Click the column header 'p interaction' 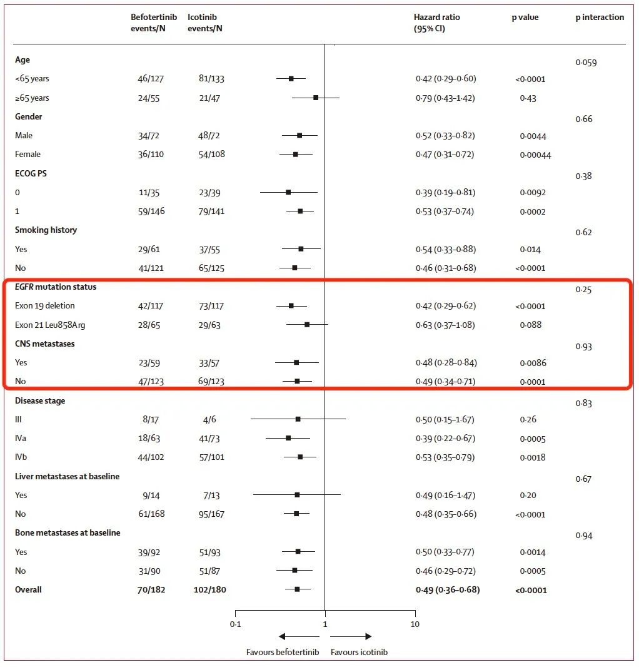599,18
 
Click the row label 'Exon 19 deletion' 44,306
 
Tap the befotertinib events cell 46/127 151,79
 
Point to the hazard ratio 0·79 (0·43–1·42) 445,98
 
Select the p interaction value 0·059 586,63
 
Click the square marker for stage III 298,419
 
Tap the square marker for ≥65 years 316,98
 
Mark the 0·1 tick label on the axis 235,624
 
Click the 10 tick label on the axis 415,624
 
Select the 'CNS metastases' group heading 45,344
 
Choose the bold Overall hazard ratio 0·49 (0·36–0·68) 448,589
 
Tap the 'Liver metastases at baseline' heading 67,476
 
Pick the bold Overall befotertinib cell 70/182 151,589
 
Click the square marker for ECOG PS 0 288,192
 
